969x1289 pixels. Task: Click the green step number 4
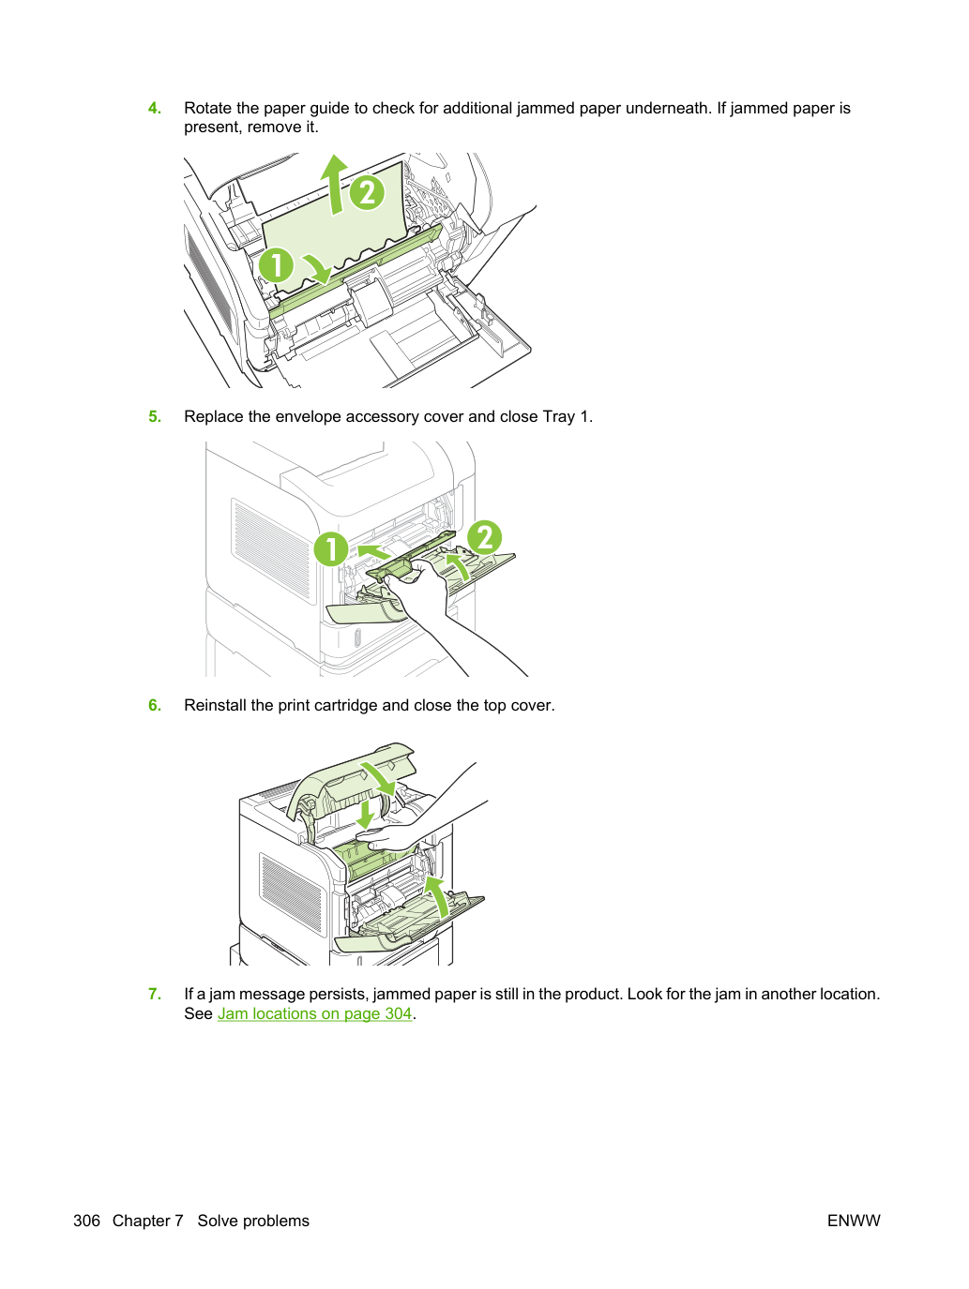pyautogui.click(x=154, y=108)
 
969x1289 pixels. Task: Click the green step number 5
pyautogui.click(x=154, y=416)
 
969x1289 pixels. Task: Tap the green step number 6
pyautogui.click(x=154, y=705)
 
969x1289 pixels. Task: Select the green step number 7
pyautogui.click(x=154, y=994)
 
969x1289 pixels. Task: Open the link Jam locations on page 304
pyautogui.click(x=314, y=1013)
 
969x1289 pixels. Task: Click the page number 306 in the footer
pyautogui.click(x=86, y=1221)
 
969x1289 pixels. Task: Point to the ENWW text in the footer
pyautogui.click(x=854, y=1221)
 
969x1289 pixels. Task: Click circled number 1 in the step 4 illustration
pyautogui.click(x=276, y=265)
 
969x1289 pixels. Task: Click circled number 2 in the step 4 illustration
pyautogui.click(x=368, y=193)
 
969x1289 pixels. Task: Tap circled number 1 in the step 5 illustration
pyautogui.click(x=331, y=549)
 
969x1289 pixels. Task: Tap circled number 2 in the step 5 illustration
pyautogui.click(x=485, y=537)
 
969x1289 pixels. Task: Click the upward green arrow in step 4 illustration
pyautogui.click(x=334, y=184)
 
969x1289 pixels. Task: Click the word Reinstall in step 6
pyautogui.click(x=215, y=705)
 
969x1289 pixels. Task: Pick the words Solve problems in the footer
pyautogui.click(x=253, y=1221)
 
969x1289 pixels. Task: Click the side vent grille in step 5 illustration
pyautogui.click(x=272, y=551)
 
